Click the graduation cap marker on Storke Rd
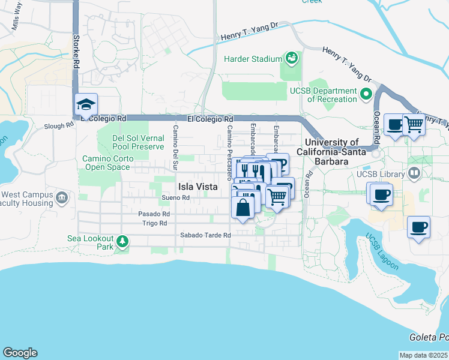pyautogui.click(x=86, y=106)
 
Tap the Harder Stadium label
pyautogui.click(x=253, y=59)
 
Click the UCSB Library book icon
pyautogui.click(x=414, y=174)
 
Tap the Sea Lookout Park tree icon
pyautogui.click(x=122, y=241)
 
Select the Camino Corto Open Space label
pyautogui.click(x=106, y=163)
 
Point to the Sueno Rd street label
pyautogui.click(x=176, y=197)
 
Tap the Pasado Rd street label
pyautogui.click(x=154, y=214)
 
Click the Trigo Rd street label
pyautogui.click(x=154, y=223)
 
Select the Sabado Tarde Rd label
pyautogui.click(x=205, y=235)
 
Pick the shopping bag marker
pyautogui.click(x=243, y=209)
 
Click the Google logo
pyautogui.click(x=20, y=353)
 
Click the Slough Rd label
pyautogui.click(x=58, y=127)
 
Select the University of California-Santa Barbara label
pyautogui.click(x=331, y=152)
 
